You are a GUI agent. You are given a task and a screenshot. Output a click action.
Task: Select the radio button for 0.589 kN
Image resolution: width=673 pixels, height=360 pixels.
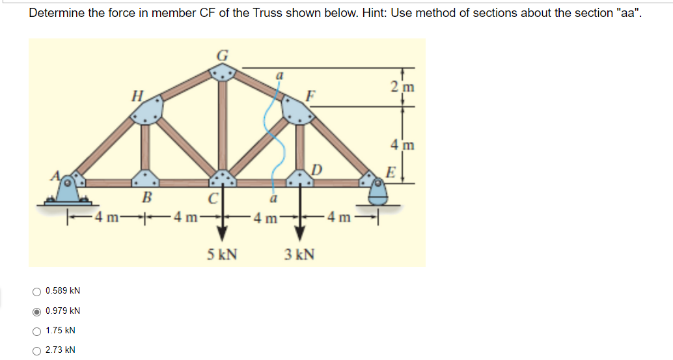(x=38, y=290)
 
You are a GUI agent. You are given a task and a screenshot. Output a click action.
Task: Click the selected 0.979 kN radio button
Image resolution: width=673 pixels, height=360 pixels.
(x=38, y=311)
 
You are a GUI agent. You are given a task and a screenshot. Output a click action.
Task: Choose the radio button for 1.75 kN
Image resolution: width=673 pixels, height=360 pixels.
(x=38, y=331)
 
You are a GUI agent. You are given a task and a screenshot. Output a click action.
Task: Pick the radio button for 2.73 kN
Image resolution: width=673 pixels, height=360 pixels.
(x=38, y=350)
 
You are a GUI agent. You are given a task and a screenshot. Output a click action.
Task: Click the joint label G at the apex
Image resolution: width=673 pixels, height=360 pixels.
(x=221, y=56)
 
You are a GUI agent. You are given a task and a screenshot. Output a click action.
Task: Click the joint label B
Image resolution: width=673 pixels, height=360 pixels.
(x=146, y=197)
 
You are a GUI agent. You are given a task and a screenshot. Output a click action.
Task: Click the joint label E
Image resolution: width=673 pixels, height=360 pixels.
(x=391, y=173)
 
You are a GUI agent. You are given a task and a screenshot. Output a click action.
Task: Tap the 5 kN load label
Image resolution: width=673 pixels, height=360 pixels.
(x=222, y=253)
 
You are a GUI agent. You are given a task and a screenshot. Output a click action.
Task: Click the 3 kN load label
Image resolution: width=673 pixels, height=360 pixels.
(x=299, y=253)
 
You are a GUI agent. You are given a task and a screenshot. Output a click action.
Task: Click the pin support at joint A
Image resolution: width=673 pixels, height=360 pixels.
(x=67, y=191)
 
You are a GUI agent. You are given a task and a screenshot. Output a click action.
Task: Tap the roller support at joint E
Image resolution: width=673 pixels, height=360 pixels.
(x=378, y=191)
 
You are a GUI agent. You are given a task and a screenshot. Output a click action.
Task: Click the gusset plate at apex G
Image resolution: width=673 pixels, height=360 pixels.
(x=222, y=75)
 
